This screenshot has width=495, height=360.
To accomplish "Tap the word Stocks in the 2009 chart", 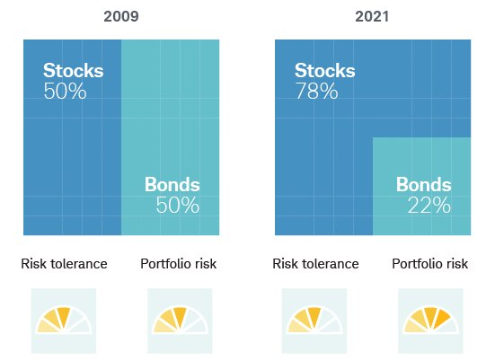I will pos(73,72).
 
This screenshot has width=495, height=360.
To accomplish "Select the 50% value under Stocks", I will pos(65,92).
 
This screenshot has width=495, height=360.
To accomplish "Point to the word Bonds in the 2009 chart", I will pos(172,186).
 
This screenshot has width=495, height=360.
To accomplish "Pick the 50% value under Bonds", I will pos(177,206).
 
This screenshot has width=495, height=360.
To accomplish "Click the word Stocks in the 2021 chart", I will pos(324,72).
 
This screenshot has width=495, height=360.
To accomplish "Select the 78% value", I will pos(316,92).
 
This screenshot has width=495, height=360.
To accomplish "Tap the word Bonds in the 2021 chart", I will pos(423,186).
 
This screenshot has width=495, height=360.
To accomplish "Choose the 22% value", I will pos(429,206).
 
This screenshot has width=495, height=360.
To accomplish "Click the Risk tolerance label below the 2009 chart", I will pos(64,264).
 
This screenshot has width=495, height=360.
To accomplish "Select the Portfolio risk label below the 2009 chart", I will pos(178,264).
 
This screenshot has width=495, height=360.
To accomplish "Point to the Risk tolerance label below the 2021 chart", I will pos(315,264).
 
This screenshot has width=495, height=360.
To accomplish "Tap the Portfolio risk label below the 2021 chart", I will pos(429,264).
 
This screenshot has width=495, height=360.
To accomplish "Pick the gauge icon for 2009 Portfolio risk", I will pos(179,320).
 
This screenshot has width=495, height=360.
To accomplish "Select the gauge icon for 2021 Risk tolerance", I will pos(314,320).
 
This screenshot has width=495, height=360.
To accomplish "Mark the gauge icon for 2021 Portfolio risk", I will pos(430,320).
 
